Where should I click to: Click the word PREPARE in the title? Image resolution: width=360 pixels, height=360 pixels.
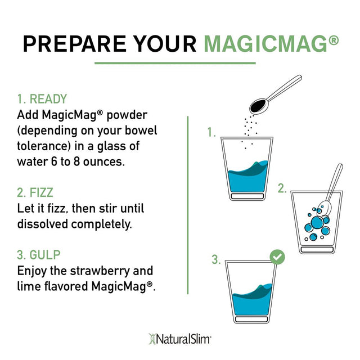tap(71, 42)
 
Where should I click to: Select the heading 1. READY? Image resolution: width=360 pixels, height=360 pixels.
tap(42, 99)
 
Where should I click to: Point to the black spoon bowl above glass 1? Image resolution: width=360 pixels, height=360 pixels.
tap(259, 105)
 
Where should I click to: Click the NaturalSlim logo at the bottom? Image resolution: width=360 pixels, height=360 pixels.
tap(179, 339)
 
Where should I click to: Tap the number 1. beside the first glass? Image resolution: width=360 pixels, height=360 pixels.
tap(211, 133)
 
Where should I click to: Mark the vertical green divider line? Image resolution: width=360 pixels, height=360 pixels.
tap(186, 203)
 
